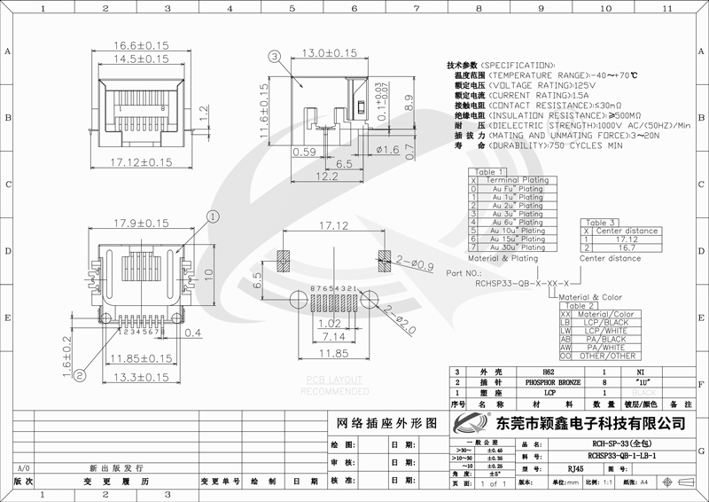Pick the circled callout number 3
pyautogui.click(x=275, y=56)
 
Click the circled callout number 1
pyautogui.click(x=213, y=216)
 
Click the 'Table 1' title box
pyautogui.click(x=490, y=172)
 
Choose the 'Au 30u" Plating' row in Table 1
pyautogui.click(x=518, y=247)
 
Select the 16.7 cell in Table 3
pyautogui.click(x=627, y=247)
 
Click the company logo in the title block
pyautogui.click(x=471, y=420)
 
